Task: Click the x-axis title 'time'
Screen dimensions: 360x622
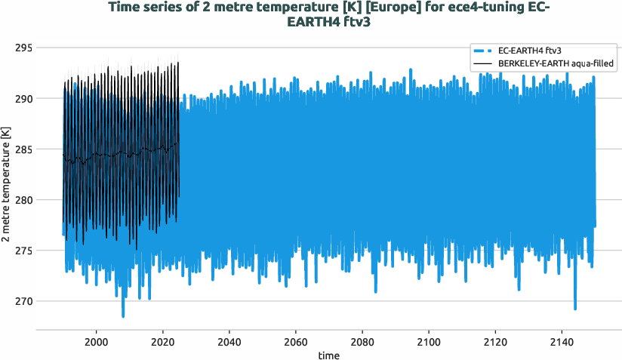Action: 328,355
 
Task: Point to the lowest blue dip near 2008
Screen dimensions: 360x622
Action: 123,315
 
